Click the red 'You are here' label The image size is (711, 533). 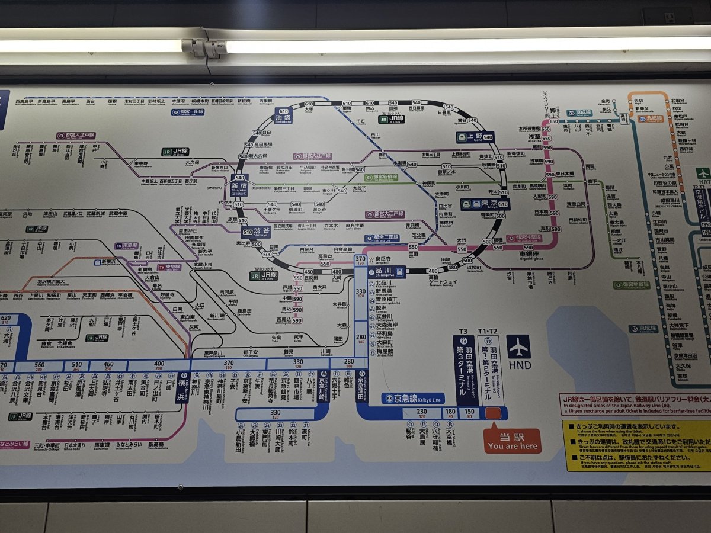(513, 441)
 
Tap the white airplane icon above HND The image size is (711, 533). (519, 346)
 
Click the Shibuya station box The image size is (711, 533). (255, 232)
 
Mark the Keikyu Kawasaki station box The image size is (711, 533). (324, 387)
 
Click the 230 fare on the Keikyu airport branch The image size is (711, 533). (421, 410)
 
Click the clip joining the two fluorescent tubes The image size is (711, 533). (204, 47)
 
